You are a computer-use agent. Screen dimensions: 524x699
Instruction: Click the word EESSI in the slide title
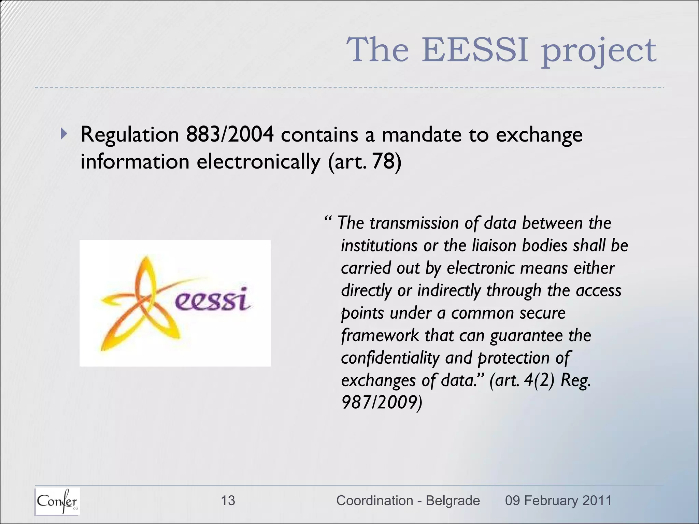[x=475, y=50]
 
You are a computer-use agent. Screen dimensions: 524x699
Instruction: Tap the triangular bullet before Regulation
[x=64, y=134]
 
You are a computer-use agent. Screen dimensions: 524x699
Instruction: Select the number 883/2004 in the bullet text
[x=230, y=134]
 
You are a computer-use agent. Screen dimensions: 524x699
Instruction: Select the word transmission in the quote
[x=414, y=223]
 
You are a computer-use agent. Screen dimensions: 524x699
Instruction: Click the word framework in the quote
[x=380, y=336]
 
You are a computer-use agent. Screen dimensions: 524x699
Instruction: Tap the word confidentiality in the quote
[x=390, y=358]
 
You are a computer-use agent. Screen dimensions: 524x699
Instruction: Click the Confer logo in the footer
[x=57, y=501]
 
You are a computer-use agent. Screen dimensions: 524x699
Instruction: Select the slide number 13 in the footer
[x=228, y=500]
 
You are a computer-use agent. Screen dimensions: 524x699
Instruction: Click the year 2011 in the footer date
[x=597, y=500]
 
